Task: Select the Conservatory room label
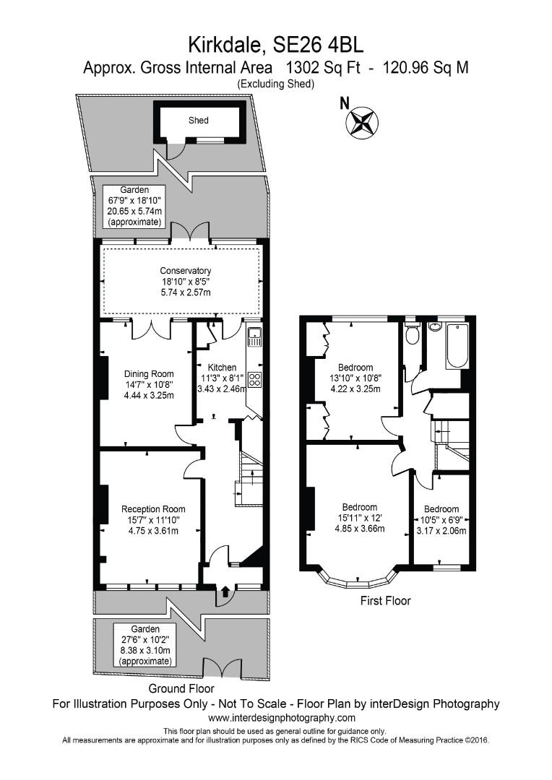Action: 186,271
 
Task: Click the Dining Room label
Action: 145,373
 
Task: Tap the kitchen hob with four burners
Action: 254,380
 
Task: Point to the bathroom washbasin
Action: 435,326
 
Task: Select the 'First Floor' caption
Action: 386,600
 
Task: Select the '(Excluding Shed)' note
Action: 276,84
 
